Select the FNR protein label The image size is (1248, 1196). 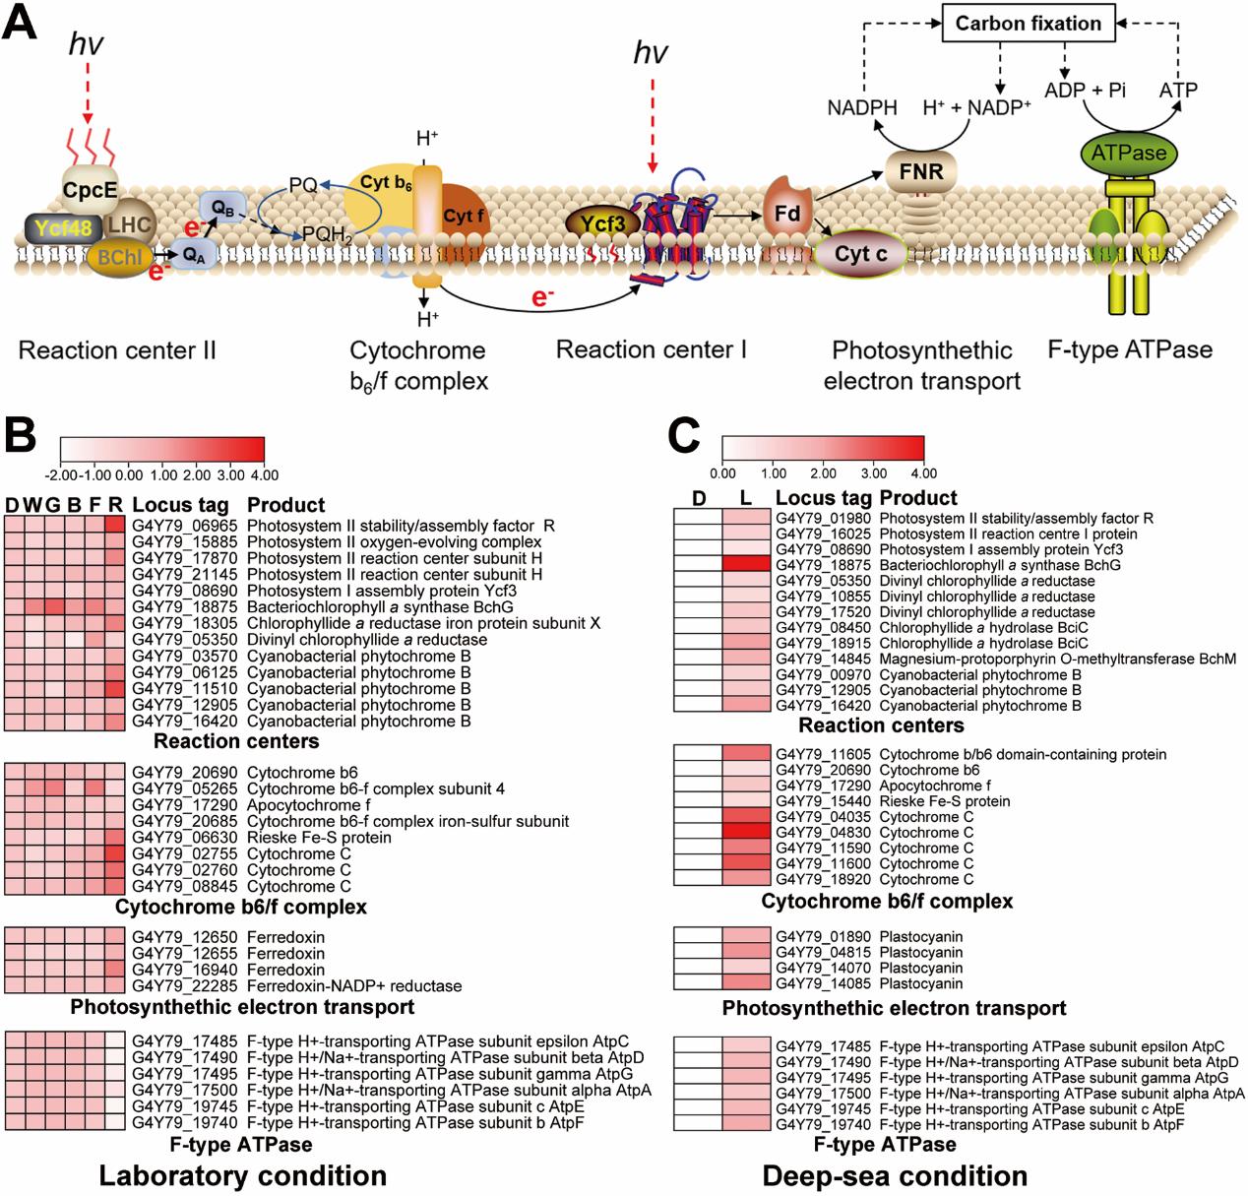tap(920, 172)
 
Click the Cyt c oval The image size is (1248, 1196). tap(860, 254)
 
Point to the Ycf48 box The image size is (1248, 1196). tap(61, 228)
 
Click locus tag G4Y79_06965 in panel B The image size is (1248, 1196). tap(185, 526)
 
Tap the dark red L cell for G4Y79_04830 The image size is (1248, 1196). tap(748, 832)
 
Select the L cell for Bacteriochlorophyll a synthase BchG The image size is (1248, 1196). tap(748, 565)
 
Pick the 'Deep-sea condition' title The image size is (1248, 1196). tap(895, 1174)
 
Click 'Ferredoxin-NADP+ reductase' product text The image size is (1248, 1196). tap(354, 985)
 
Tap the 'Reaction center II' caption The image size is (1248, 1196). tap(117, 349)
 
